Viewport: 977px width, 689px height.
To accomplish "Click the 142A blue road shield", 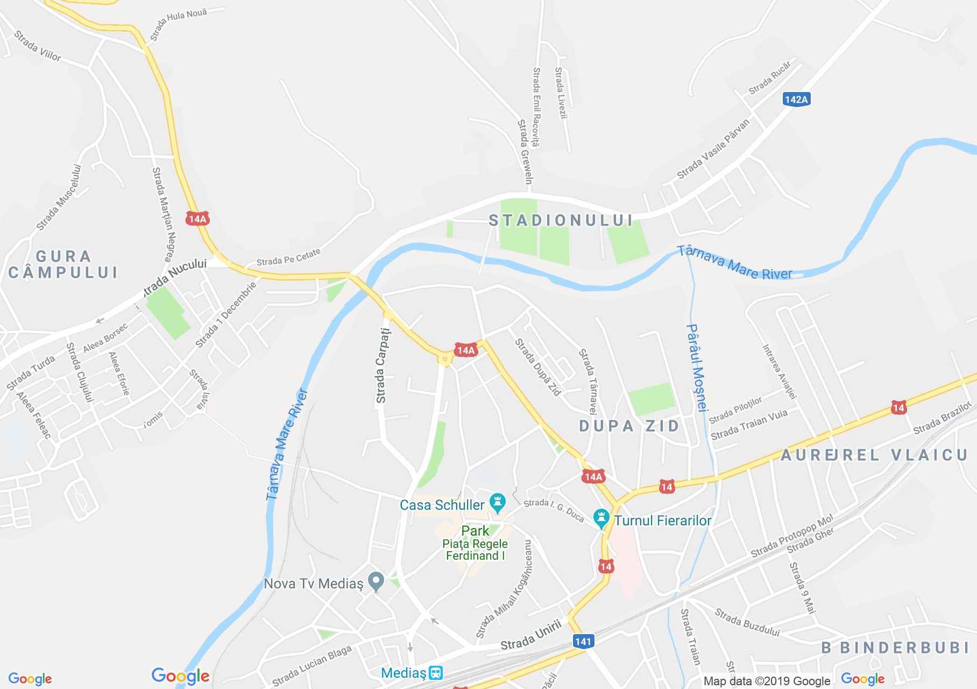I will (796, 100).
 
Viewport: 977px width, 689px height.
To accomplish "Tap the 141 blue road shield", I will (583, 641).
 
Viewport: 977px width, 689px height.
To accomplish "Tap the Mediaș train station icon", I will (436, 673).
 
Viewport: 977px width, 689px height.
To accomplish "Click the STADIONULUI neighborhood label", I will (561, 220).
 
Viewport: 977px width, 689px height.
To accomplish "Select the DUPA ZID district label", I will (629, 426).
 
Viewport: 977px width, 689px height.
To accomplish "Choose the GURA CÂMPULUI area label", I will (63, 264).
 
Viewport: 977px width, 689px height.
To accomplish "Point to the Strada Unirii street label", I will (531, 636).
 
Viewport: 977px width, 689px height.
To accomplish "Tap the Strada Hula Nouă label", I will (179, 24).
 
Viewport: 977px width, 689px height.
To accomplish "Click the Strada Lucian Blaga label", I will (311, 665).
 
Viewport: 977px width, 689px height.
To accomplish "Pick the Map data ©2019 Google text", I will (767, 681).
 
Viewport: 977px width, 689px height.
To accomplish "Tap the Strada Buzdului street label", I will (747, 622).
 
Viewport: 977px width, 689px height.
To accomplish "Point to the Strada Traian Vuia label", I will (749, 425).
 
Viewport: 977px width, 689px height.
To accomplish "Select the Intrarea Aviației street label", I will (778, 371).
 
